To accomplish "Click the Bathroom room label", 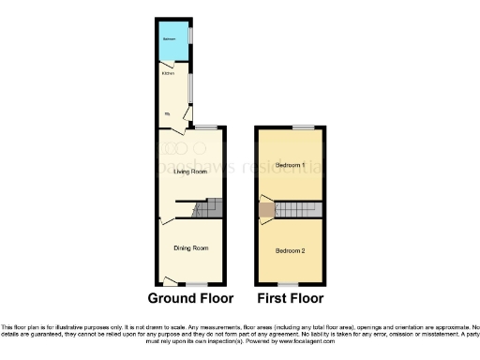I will (170, 38).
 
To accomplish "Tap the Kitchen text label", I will (167, 72).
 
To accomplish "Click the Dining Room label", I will (189, 248).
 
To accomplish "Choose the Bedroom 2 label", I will (291, 251).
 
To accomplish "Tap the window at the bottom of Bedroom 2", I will (286, 283).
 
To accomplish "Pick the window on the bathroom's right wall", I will (190, 34).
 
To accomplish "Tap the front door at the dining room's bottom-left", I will (169, 279).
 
